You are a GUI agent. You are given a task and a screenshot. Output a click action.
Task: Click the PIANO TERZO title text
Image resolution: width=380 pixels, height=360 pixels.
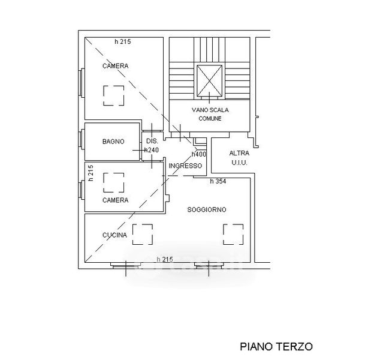[276, 346]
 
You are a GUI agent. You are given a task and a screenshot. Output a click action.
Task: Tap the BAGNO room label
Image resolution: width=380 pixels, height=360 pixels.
[113, 142]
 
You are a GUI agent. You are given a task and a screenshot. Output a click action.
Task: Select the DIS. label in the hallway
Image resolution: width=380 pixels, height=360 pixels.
[151, 141]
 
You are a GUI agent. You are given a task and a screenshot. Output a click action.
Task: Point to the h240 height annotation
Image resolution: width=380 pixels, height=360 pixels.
[151, 150]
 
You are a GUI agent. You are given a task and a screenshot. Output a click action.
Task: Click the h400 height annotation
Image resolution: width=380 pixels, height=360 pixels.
[199, 154]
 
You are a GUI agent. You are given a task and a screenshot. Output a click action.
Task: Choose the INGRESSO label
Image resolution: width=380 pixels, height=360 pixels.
[185, 166]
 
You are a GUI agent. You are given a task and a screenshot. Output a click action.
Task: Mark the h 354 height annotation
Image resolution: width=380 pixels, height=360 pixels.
[218, 181]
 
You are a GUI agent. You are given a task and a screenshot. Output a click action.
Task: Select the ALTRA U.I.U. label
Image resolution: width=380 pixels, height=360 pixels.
[239, 158]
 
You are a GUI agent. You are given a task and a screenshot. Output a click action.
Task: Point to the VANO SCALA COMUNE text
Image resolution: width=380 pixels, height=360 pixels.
[210, 114]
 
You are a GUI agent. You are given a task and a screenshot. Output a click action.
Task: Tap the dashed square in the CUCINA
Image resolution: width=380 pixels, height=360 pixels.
[143, 234]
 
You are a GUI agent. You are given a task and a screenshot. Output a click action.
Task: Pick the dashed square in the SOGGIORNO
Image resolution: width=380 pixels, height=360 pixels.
[233, 234]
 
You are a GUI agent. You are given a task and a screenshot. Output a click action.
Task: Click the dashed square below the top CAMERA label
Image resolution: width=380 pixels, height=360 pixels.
[113, 95]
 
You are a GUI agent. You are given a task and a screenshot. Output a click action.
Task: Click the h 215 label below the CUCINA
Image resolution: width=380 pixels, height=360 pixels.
[164, 259]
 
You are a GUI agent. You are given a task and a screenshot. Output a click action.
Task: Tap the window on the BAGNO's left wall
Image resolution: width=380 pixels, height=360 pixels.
[81, 142]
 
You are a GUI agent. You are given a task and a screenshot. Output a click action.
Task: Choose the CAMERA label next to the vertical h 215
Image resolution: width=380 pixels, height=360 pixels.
[115, 200]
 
